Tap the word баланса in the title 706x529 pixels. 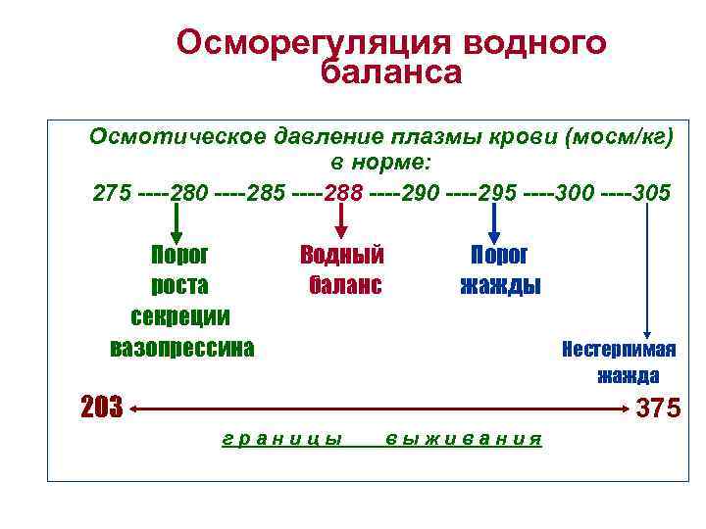tap(390, 72)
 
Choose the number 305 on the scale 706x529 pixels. tap(652, 193)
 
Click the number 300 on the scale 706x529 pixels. tap(574, 193)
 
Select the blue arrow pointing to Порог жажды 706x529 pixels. tap(495, 223)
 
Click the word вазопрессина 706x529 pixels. tap(181, 348)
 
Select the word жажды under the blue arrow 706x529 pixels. tap(500, 286)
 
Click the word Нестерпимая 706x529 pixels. tap(619, 349)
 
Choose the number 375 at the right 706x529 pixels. tap(658, 409)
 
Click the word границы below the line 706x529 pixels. tap(282, 439)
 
